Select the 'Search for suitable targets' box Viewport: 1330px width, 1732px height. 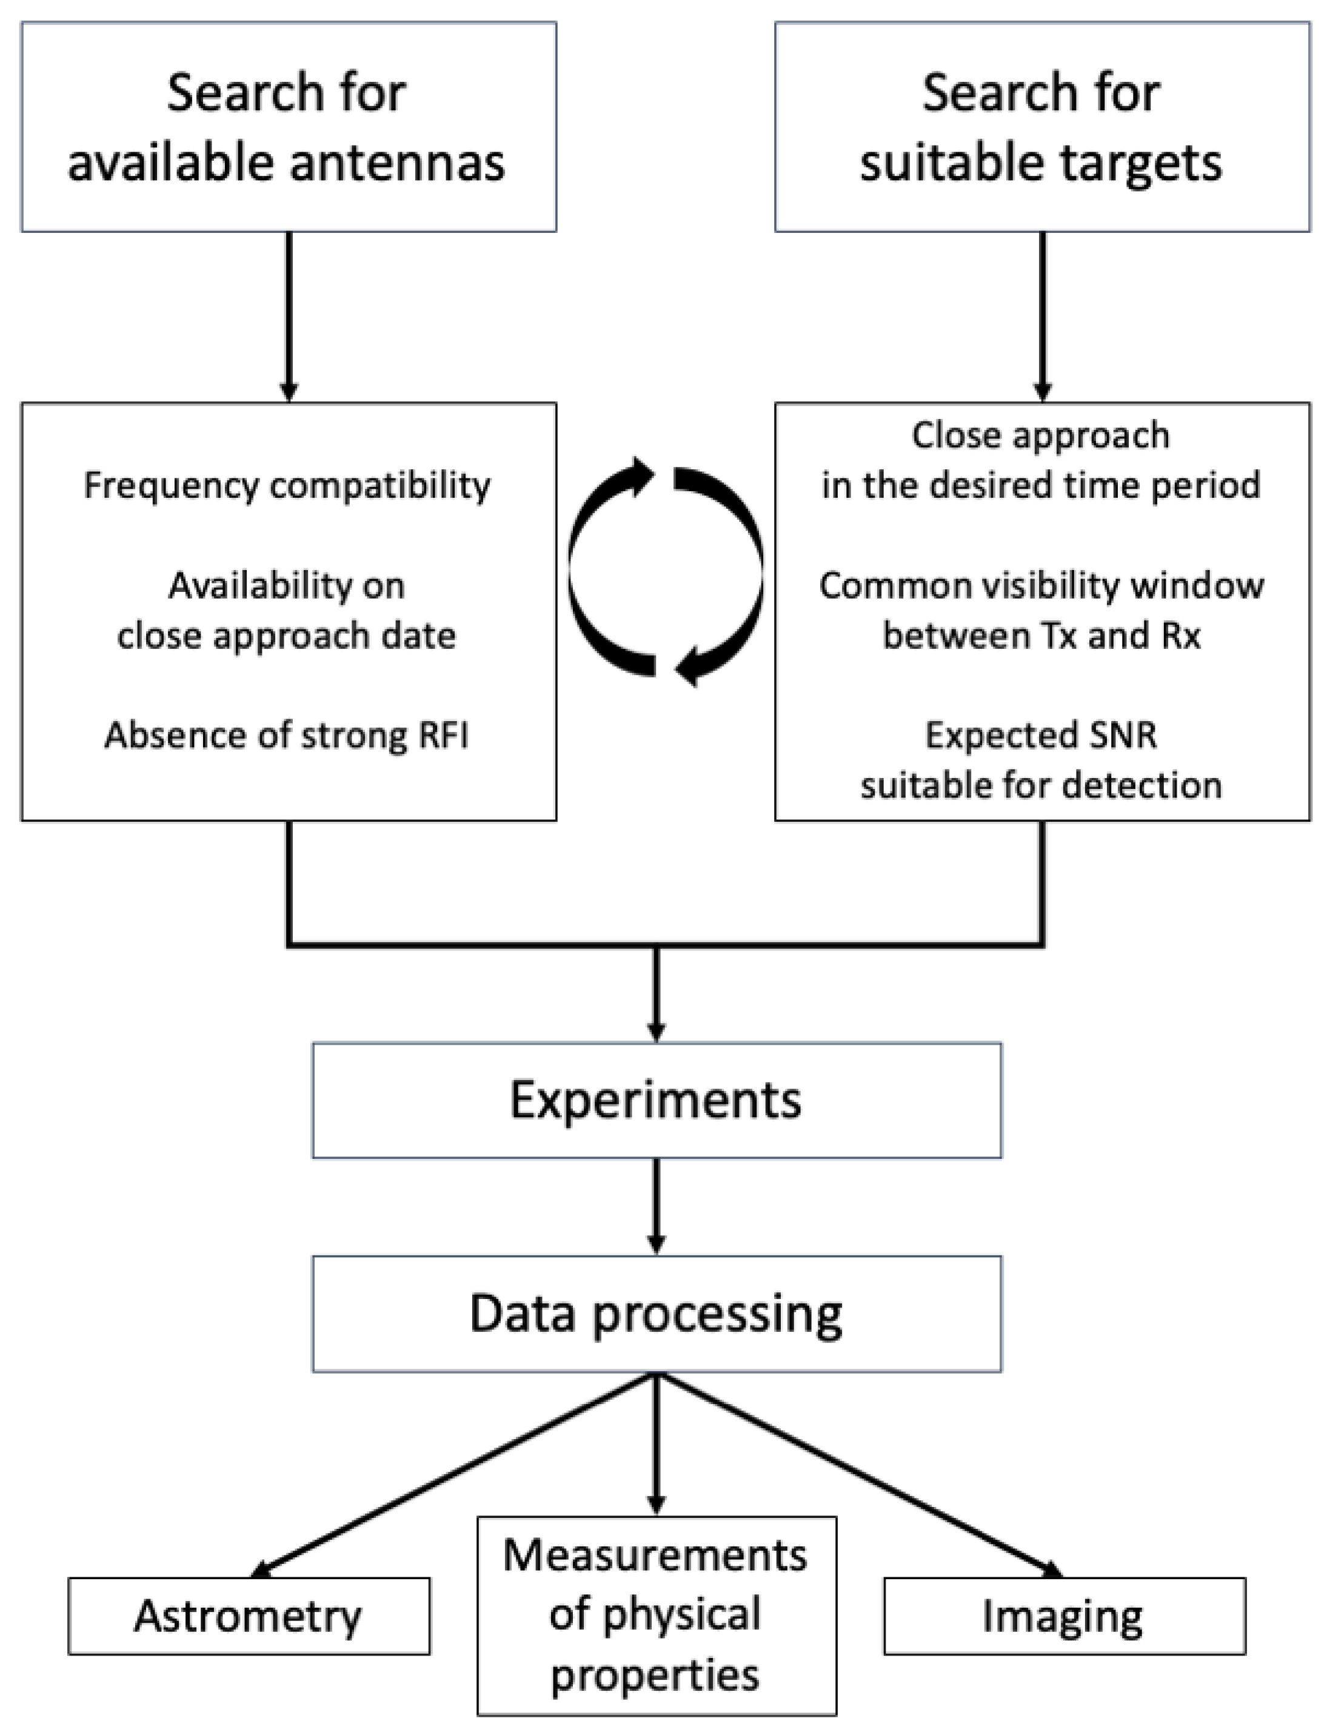tap(1042, 127)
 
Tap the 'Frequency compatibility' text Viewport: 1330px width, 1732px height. tap(287, 486)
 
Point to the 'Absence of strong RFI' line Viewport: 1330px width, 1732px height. tap(287, 735)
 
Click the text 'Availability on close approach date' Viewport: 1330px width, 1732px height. tap(287, 611)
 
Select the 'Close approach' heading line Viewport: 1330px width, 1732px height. tap(1041, 435)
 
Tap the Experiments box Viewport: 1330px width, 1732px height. tap(657, 1100)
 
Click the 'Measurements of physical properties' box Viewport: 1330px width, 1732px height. tap(657, 1616)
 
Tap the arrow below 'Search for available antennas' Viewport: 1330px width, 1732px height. tap(289, 317)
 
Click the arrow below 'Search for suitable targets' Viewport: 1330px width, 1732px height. tap(1043, 317)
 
